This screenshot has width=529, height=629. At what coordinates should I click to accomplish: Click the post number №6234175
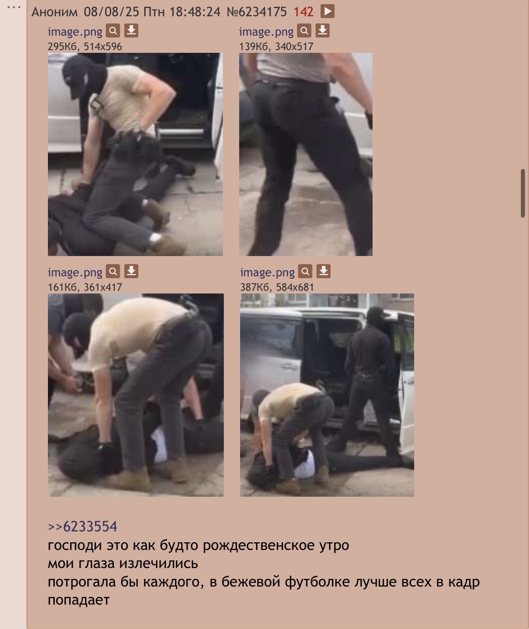pos(256,12)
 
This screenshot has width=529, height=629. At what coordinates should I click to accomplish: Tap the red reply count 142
pos(303,12)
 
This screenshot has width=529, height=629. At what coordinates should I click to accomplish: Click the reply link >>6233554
pos(82,526)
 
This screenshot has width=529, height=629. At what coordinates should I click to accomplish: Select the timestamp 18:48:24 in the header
pos(195,12)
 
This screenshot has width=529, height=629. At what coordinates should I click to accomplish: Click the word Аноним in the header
pos(55,12)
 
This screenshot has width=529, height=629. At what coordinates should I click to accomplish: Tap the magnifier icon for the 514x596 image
pos(113,31)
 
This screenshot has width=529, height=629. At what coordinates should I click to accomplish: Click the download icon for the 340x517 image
pos(322,31)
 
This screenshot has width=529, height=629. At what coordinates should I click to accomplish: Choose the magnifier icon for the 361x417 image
pos(113,271)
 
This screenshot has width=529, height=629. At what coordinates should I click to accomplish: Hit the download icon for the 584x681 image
pos(323,271)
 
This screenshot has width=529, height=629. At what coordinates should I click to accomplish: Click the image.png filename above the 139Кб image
pos(266,32)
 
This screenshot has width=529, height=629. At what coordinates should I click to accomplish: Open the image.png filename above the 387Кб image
pos(267,272)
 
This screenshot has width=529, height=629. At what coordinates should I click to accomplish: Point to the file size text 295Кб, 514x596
pos(85,47)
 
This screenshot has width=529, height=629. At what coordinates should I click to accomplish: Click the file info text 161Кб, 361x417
pos(85,287)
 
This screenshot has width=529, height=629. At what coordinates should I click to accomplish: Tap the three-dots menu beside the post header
pos(14,7)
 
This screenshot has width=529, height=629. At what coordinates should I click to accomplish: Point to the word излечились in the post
pos(158,564)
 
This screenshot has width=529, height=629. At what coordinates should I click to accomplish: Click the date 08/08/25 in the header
pos(111,12)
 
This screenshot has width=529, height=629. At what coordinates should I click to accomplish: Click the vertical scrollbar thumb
pos(523,193)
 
